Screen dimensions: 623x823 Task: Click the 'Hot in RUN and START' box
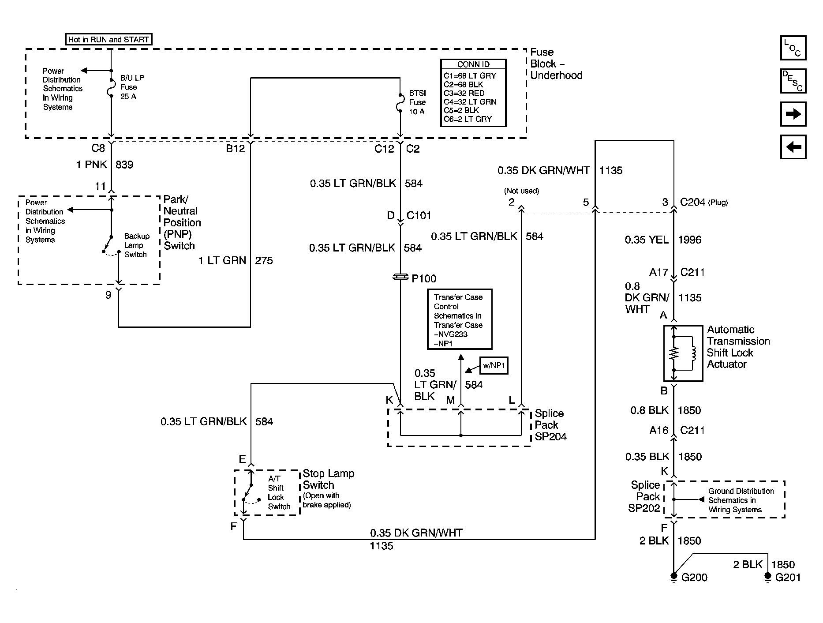pos(108,39)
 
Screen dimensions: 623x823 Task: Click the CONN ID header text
pos(473,64)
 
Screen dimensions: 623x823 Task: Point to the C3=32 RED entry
pos(464,93)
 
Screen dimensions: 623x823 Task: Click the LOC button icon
pos(793,48)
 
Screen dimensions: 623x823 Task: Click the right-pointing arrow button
pos(793,114)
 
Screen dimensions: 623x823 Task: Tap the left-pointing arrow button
pos(793,147)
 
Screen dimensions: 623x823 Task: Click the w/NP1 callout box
pos(494,365)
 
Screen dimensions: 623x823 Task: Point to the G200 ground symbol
pos(673,576)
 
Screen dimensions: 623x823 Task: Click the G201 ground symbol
pos(768,576)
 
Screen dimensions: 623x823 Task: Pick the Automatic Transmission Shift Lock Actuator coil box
pos(683,353)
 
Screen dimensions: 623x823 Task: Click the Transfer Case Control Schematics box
pos(459,320)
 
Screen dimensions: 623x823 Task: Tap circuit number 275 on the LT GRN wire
pos(264,261)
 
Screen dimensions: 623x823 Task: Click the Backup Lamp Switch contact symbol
pos(111,245)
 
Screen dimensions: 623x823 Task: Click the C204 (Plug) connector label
pos(703,203)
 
